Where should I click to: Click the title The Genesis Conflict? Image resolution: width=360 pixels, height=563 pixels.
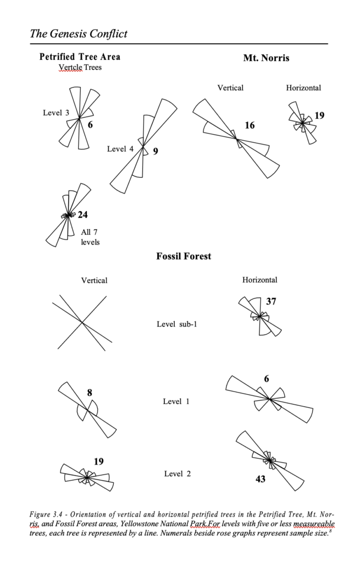[x=79, y=34]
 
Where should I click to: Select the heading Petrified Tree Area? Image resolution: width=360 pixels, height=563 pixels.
[x=80, y=57]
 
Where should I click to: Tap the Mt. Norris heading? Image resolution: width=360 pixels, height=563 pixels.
[x=266, y=57]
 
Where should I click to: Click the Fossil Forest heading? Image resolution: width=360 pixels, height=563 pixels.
[x=184, y=256]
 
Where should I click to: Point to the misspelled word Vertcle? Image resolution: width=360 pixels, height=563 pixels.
[x=70, y=67]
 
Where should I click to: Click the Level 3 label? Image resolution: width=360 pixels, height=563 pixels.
[x=56, y=113]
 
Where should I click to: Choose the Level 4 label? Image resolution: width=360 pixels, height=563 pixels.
[x=120, y=149]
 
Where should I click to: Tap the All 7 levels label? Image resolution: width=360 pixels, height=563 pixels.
[x=90, y=237]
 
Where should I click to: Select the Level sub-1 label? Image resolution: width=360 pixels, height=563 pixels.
[x=177, y=324]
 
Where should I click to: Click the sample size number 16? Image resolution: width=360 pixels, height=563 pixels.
[x=250, y=125]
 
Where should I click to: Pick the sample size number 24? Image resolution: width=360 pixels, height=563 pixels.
[x=82, y=215]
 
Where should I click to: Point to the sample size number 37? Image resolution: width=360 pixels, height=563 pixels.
[x=271, y=301]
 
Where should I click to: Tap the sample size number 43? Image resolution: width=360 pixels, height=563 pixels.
[x=261, y=479]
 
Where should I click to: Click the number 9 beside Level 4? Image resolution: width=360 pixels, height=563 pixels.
[x=156, y=151]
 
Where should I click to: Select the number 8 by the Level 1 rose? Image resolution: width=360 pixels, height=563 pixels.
[x=90, y=392]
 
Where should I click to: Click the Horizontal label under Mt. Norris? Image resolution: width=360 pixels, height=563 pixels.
[x=303, y=87]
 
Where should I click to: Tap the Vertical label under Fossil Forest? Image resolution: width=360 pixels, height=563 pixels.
[x=94, y=280]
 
